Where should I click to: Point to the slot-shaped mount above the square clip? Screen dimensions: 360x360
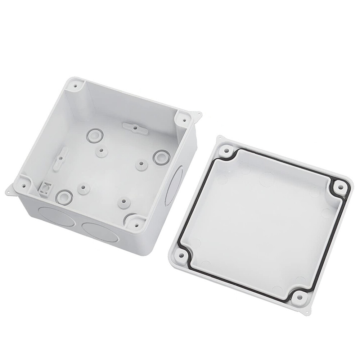click(62, 158)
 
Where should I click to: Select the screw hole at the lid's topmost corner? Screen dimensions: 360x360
click(226, 150)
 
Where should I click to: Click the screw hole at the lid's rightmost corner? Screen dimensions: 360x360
click(339, 187)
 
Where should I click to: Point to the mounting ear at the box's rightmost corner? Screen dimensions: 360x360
click(198, 115)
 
